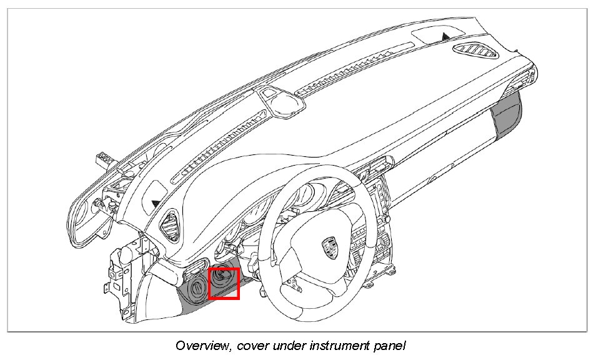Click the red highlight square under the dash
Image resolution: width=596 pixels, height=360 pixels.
[224, 283]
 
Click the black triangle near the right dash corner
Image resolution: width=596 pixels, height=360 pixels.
[445, 36]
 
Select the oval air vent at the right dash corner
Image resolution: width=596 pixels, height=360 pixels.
[477, 51]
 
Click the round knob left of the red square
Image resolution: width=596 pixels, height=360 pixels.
[196, 288]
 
